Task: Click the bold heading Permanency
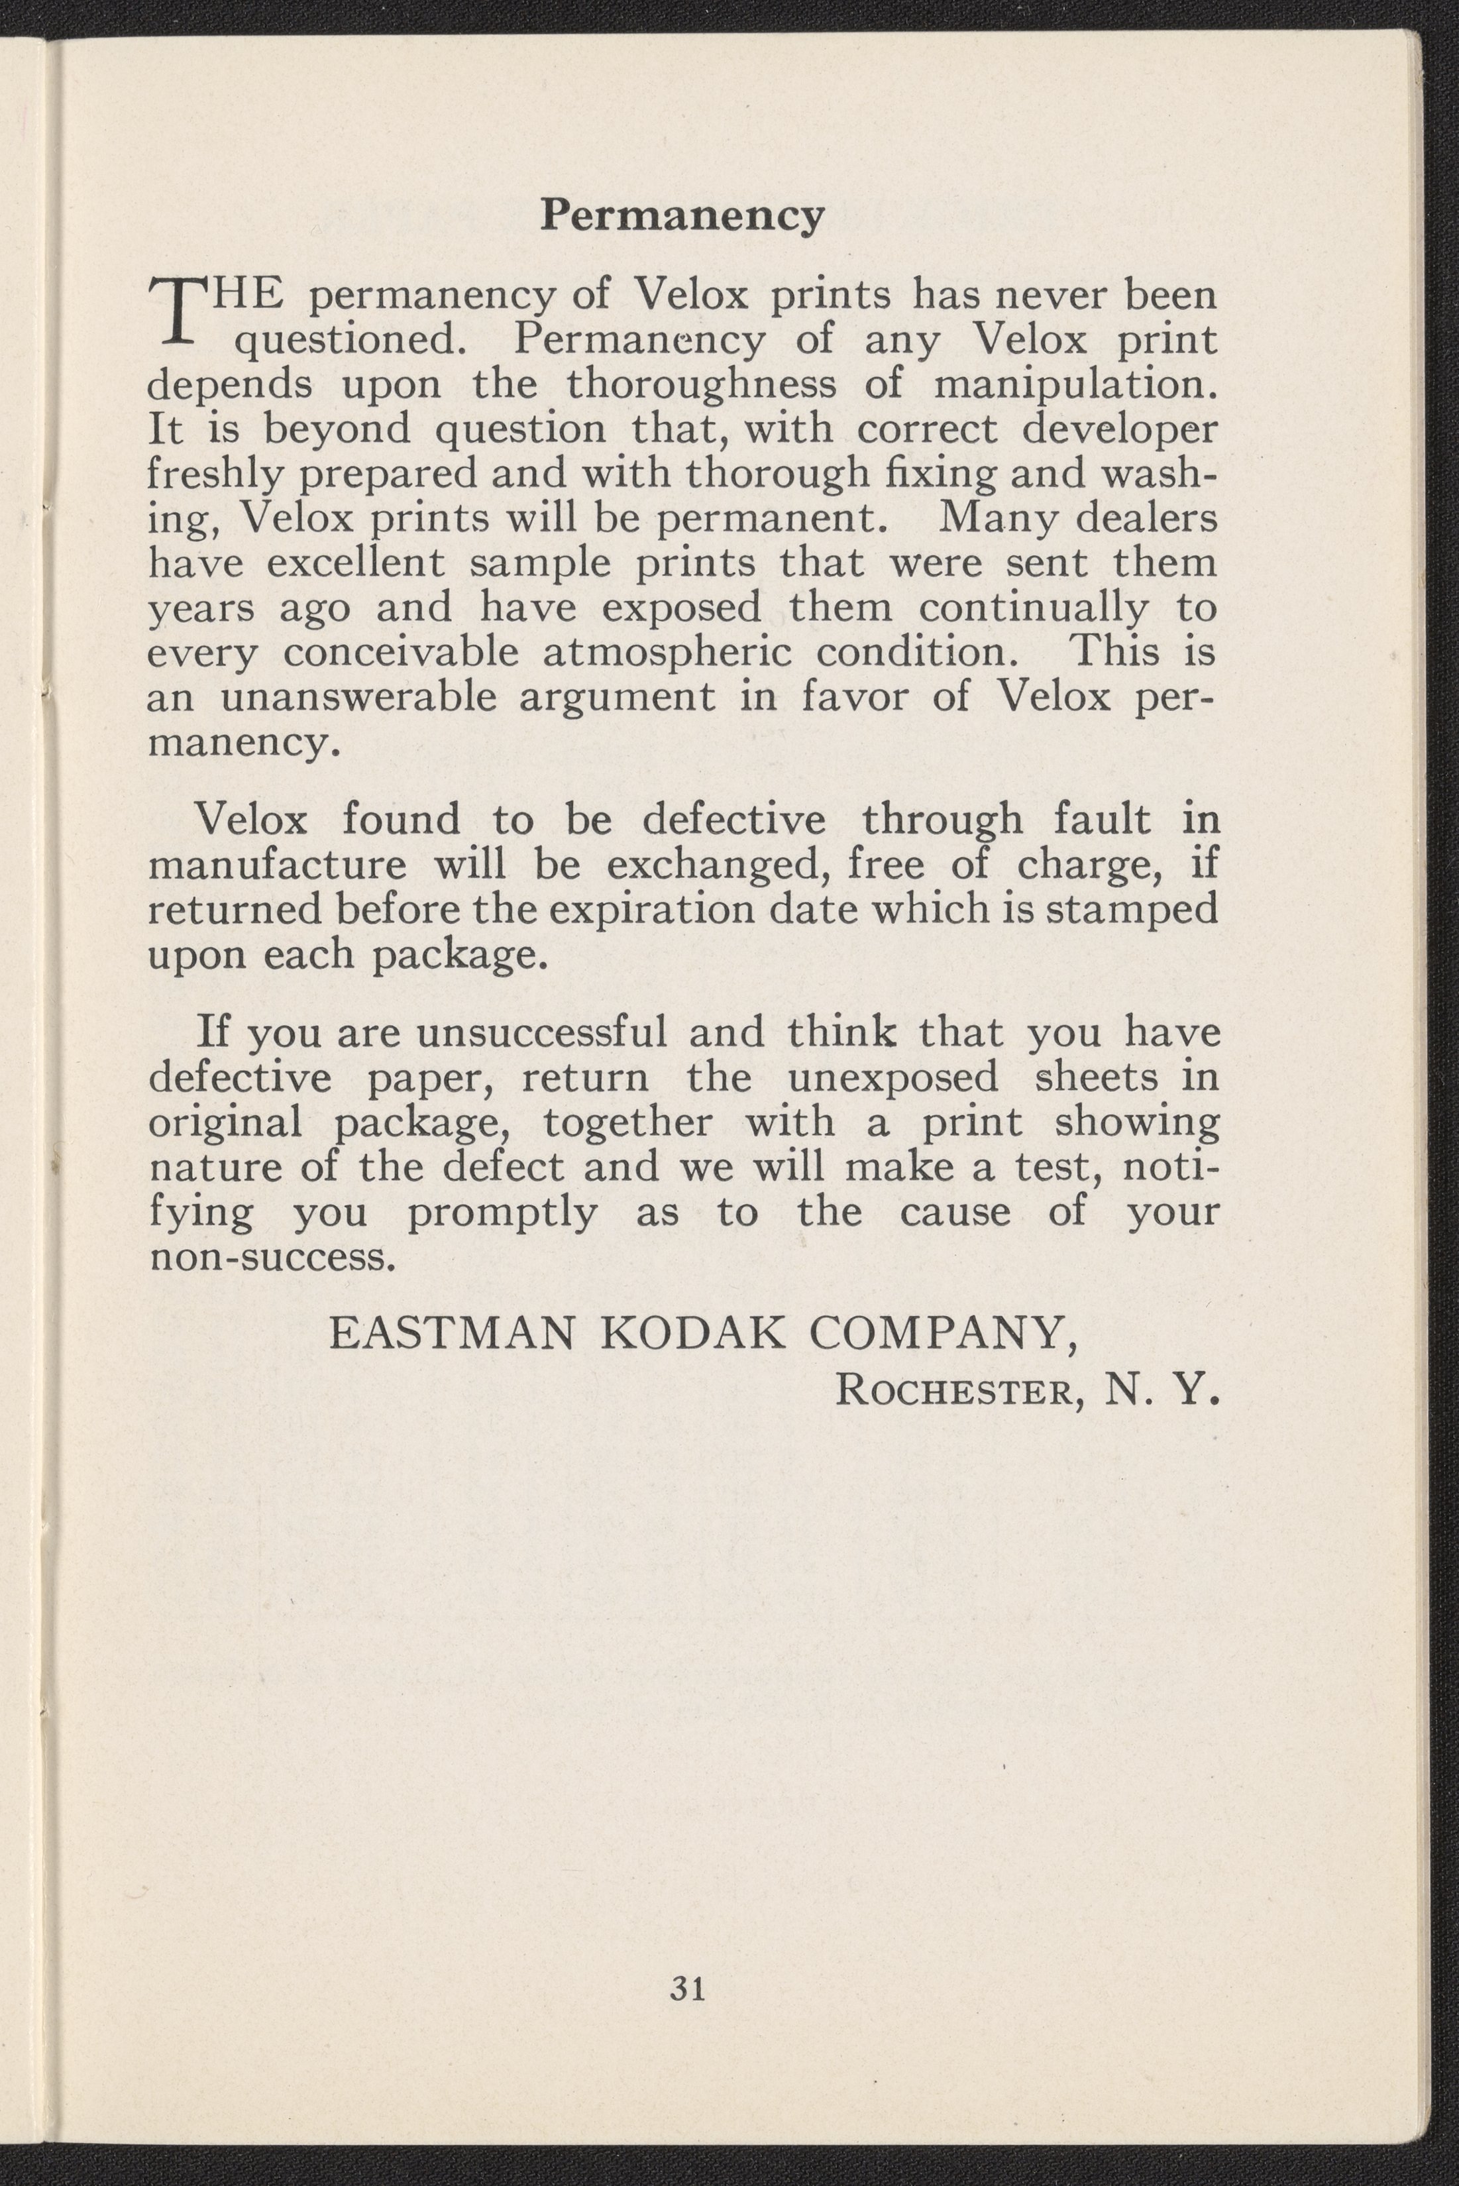[x=682, y=217]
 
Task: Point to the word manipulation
[x=1075, y=384]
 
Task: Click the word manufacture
[x=277, y=865]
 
